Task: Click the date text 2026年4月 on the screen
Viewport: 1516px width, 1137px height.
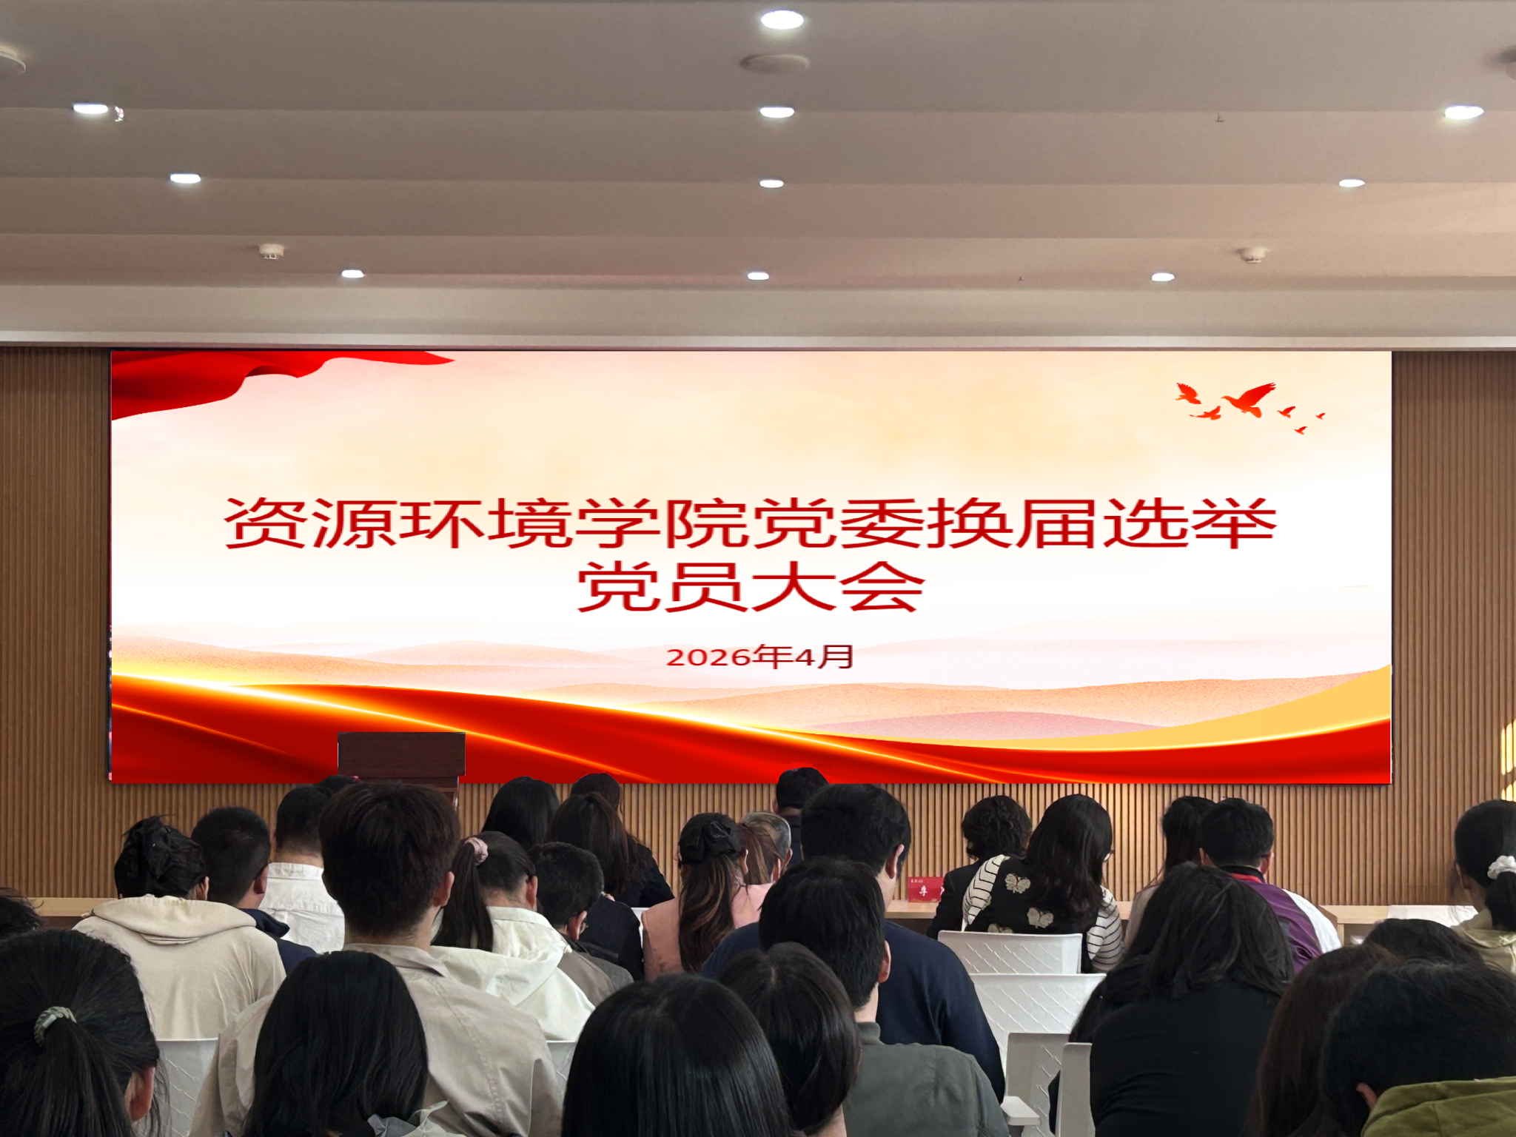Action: point(759,657)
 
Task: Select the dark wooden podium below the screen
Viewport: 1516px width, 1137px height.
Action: point(402,756)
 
